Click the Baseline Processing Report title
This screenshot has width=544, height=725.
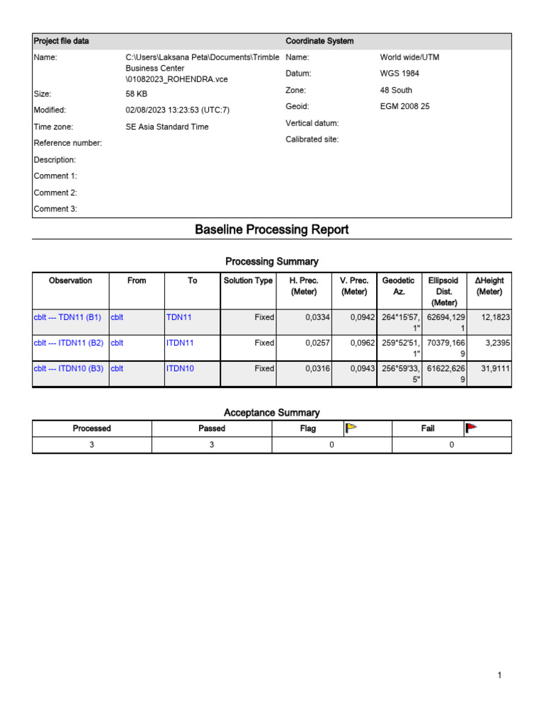272,230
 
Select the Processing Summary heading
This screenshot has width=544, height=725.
272,261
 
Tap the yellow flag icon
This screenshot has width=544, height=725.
351,428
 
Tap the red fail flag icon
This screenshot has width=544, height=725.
471,428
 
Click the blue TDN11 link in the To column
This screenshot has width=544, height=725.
178,317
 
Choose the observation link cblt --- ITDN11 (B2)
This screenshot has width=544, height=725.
69,343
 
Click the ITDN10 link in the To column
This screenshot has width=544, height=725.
180,368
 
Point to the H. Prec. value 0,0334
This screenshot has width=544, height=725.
317,317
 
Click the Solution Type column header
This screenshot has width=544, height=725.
248,281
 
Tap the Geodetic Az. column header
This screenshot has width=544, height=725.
398,286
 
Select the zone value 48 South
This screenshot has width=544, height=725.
396,91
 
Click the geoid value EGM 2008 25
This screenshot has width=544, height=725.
404,107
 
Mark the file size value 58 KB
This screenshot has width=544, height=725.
136,93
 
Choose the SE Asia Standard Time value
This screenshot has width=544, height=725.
167,127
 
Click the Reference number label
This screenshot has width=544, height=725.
68,143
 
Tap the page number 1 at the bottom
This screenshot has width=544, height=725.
499,675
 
